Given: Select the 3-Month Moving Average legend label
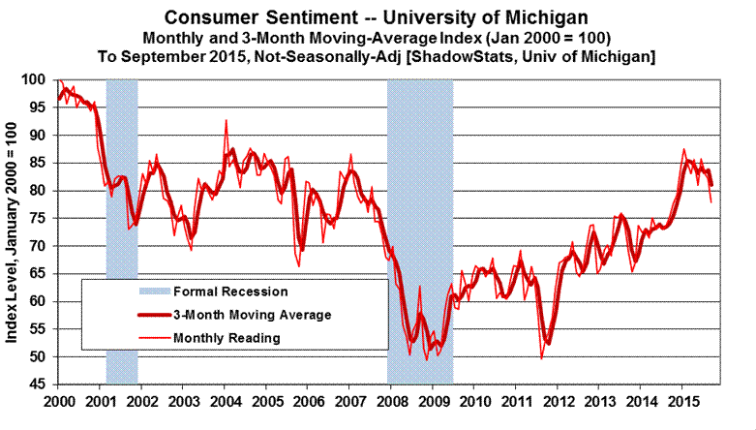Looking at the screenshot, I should (x=252, y=314).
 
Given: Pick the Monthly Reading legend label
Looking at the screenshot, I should (x=227, y=338).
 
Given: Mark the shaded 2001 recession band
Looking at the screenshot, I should (x=121, y=232).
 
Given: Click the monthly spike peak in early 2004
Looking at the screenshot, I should (x=227, y=121).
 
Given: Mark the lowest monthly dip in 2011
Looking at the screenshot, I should (x=541, y=358).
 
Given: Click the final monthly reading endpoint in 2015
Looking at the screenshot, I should (x=711, y=202).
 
